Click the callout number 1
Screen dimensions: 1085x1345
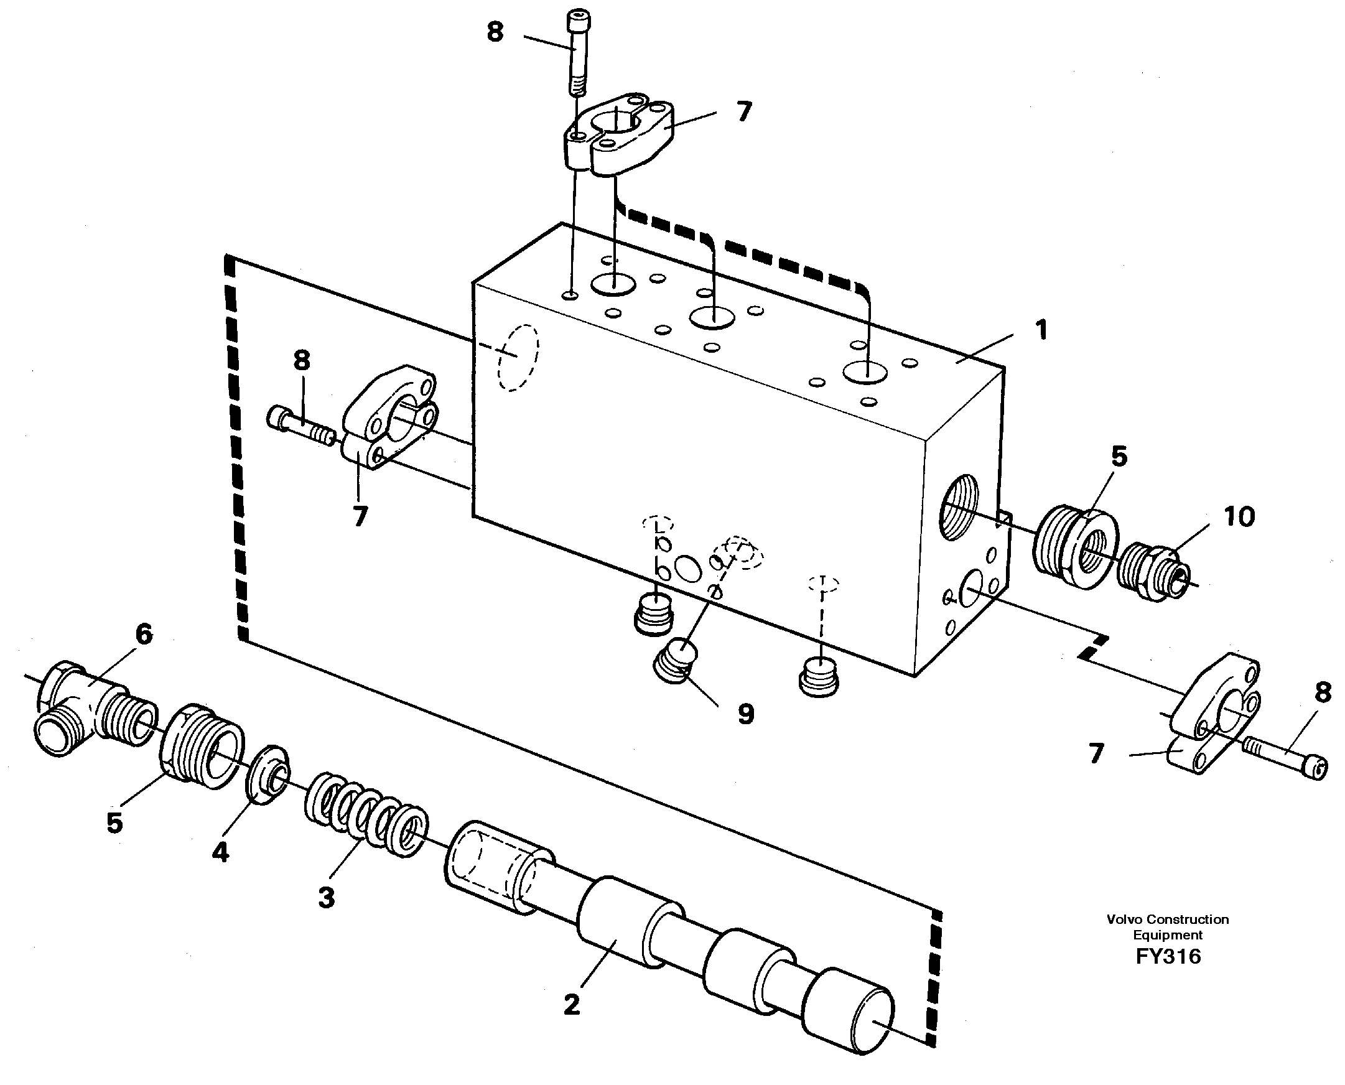1041,330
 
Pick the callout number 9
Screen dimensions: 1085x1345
746,714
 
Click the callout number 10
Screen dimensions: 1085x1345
1239,517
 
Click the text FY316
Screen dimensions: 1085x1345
1168,957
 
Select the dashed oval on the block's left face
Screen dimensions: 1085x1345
518,358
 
